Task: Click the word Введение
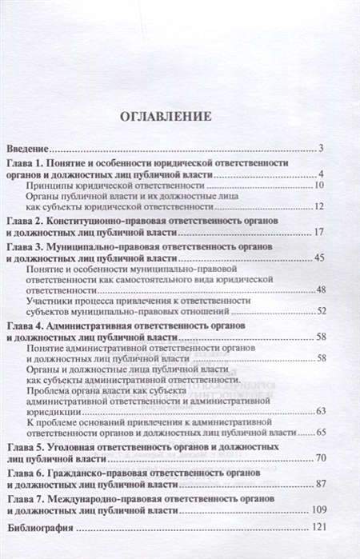tap(29, 149)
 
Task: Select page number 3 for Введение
tap(318, 149)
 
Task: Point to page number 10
tap(318, 186)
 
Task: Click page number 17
tap(318, 232)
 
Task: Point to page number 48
tap(318, 289)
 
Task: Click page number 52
tap(318, 312)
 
